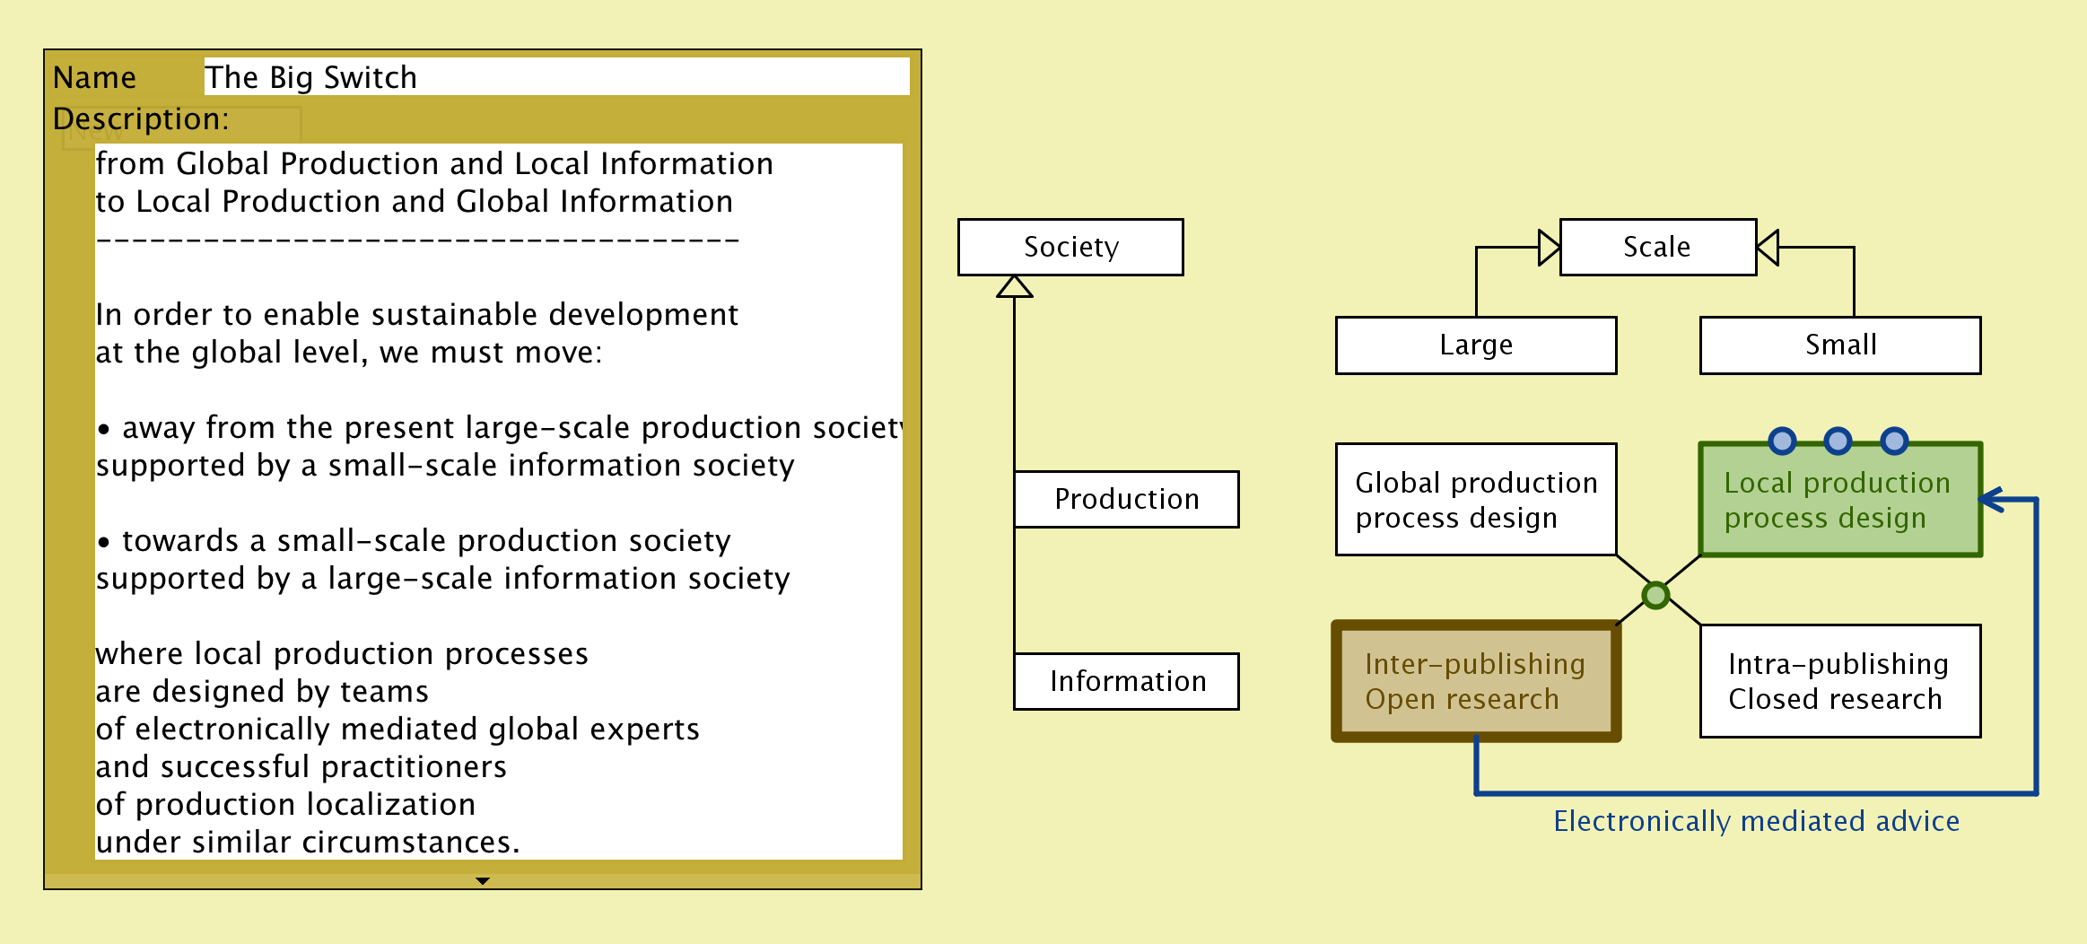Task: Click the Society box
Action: [1070, 247]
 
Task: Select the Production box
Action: [1126, 499]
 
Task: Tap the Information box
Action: [1126, 681]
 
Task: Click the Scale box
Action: [1657, 247]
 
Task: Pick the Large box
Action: [1476, 345]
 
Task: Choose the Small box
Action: [1840, 345]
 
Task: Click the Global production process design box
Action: [1476, 500]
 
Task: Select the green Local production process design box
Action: [1839, 500]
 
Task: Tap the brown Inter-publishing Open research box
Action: [1476, 681]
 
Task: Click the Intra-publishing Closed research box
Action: [1840, 681]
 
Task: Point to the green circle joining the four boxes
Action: [1655, 594]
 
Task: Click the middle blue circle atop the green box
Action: [1838, 441]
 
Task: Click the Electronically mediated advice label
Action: [1756, 821]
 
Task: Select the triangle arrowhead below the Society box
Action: [1015, 286]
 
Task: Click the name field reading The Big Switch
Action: [556, 77]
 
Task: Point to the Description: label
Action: [141, 118]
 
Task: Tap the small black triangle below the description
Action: [483, 881]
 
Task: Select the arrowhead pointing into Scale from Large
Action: [1550, 248]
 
